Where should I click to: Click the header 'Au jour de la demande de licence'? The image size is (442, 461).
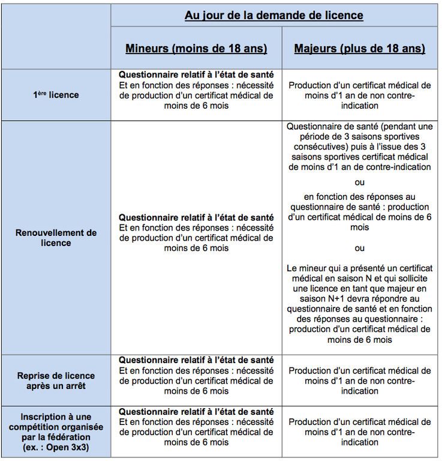point(274,15)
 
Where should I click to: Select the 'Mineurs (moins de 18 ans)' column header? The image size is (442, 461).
point(196,49)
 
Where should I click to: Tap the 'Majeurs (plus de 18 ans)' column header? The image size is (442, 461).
point(359,49)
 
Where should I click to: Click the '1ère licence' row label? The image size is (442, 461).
point(56,95)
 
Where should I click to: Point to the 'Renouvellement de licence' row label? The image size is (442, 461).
point(56,238)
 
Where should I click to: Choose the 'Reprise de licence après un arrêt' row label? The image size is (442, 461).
point(56,381)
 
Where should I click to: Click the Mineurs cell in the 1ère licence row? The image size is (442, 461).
point(196,90)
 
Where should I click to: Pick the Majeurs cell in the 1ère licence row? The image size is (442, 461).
point(359,95)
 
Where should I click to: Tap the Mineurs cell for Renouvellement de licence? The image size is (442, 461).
point(196,232)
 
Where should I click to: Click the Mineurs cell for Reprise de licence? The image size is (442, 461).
point(196,375)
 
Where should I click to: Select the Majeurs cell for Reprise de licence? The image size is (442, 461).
point(359,381)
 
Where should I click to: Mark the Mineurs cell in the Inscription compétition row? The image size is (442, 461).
point(196,427)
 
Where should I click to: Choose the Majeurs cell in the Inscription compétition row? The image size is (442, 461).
point(359,432)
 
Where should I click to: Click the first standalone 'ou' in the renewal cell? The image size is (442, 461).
point(359,182)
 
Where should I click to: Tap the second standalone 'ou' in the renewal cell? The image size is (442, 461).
point(359,248)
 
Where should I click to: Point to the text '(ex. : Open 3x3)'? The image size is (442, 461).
point(56,447)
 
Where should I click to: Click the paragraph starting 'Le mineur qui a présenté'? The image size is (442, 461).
point(359,304)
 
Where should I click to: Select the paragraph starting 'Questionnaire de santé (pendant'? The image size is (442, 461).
point(359,147)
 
